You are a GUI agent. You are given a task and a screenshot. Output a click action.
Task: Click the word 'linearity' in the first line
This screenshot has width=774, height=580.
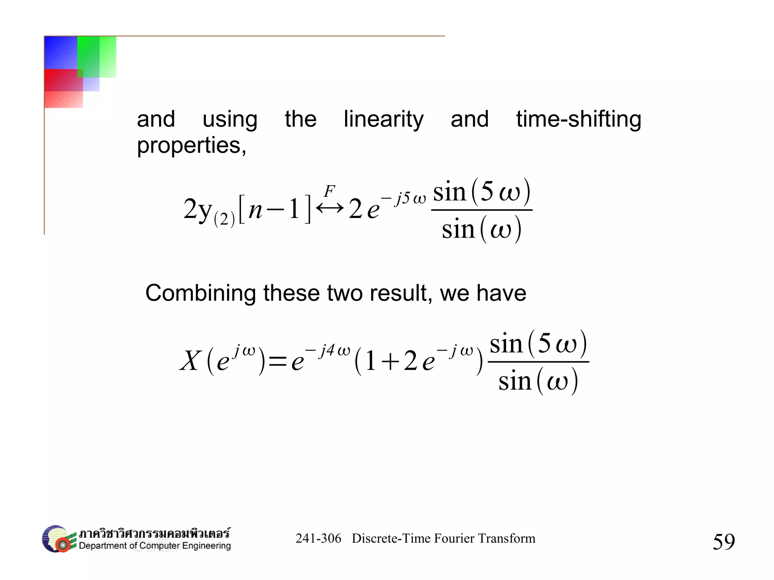coord(383,120)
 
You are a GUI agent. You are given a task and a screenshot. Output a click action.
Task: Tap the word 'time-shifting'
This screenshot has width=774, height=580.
coord(579,120)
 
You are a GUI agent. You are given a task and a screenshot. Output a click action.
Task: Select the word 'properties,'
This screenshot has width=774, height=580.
coord(191,145)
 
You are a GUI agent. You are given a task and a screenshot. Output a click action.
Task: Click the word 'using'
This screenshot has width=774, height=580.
coord(230,120)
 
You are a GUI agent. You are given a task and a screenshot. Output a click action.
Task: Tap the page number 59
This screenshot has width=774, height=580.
coord(724,541)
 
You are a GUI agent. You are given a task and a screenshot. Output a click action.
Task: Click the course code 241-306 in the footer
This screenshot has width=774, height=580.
coord(318,538)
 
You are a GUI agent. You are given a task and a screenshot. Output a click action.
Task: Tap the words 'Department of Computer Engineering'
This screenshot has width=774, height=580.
coord(155,546)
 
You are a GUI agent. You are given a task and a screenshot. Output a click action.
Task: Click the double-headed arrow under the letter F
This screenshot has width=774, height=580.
coord(330,208)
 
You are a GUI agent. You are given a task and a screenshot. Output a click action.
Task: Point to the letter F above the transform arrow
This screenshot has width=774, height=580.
coord(330,191)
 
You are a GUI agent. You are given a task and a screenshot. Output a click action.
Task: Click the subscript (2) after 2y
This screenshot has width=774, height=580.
coord(224,219)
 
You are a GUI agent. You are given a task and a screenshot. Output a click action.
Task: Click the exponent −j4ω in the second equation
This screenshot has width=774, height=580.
coord(328,351)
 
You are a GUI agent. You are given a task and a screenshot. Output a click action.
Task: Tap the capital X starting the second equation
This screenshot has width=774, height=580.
coord(190,361)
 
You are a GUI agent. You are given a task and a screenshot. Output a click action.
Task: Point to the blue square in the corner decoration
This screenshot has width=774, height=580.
coord(60,52)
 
